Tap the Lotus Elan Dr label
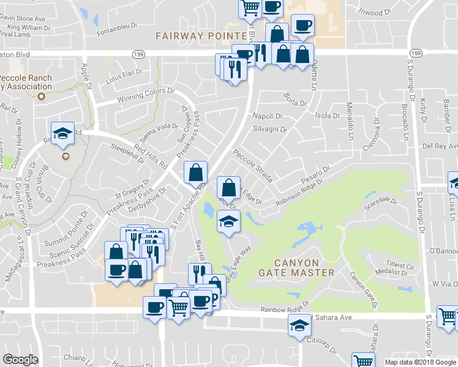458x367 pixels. tap(124, 76)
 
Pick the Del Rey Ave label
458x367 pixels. tap(440, 147)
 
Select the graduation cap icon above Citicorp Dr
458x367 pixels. tap(298, 325)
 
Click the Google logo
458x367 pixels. tap(21, 360)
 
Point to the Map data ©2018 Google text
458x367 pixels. tap(421, 361)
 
